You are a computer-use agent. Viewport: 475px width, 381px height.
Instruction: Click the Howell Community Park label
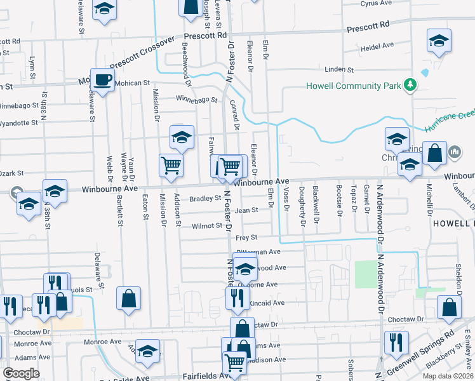click(x=354, y=86)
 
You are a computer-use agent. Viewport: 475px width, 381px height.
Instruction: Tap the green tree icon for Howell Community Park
click(x=411, y=84)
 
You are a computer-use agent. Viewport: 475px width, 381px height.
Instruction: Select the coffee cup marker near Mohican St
click(x=102, y=80)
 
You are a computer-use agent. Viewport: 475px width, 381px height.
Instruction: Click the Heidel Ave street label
click(x=377, y=47)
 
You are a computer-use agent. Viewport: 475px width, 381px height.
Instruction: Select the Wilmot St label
click(x=206, y=225)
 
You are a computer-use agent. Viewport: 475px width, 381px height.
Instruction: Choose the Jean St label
click(x=246, y=210)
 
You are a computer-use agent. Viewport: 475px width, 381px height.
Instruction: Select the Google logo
click(x=21, y=373)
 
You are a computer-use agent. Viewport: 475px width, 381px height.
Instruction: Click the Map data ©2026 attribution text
click(x=448, y=376)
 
